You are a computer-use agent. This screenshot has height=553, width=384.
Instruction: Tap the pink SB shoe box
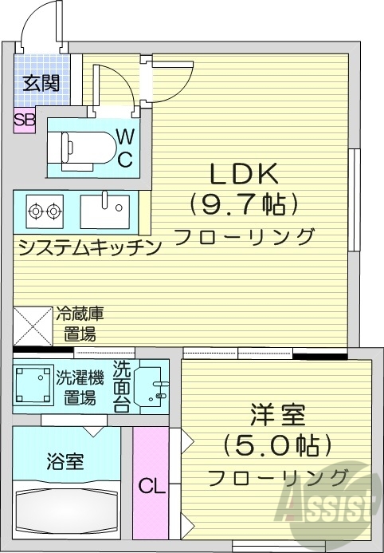(x=24, y=120)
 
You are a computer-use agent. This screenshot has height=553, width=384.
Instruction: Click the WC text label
(x=126, y=148)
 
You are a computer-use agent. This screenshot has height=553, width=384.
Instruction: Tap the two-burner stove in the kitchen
(x=45, y=211)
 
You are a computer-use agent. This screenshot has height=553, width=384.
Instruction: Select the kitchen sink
(x=104, y=211)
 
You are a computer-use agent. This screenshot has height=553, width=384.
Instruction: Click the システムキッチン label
(x=89, y=246)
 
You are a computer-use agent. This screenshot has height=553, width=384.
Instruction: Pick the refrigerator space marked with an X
(x=33, y=327)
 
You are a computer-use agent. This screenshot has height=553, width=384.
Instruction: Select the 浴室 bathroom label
(x=65, y=460)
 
